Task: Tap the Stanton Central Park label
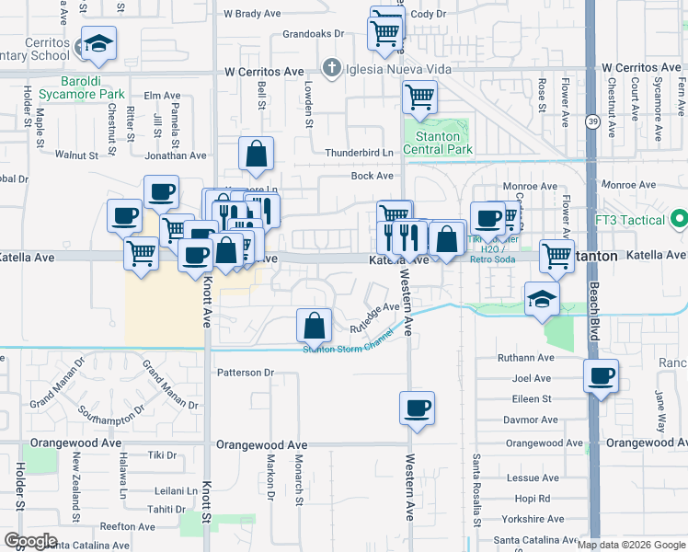pyautogui.click(x=437, y=144)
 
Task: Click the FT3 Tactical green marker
pyautogui.click(x=680, y=219)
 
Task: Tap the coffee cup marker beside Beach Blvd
pyautogui.click(x=602, y=374)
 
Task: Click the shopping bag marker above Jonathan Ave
pyautogui.click(x=257, y=153)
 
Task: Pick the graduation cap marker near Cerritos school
pyautogui.click(x=97, y=42)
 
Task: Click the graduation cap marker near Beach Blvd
pyautogui.click(x=543, y=298)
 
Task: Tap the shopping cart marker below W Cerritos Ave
pyautogui.click(x=420, y=95)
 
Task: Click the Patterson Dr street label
pyautogui.click(x=246, y=373)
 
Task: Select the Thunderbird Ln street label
pyautogui.click(x=358, y=153)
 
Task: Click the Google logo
pyautogui.click(x=30, y=541)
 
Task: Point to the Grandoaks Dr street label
pyautogui.click(x=313, y=33)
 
